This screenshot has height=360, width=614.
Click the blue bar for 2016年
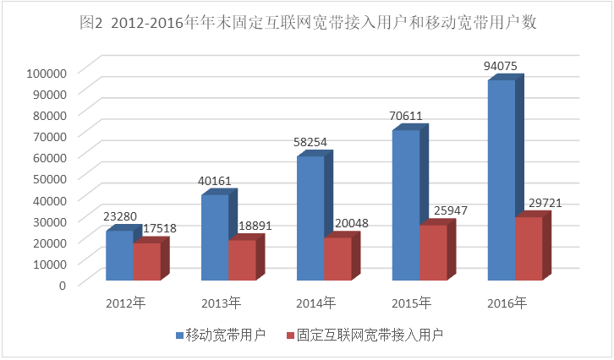click(x=502, y=180)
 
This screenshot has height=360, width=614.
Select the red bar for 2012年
click(x=145, y=261)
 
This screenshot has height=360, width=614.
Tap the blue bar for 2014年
click(x=310, y=218)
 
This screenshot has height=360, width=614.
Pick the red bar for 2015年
click(x=433, y=252)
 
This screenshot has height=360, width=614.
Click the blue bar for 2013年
click(x=215, y=237)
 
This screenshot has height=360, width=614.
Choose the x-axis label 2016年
click(x=507, y=303)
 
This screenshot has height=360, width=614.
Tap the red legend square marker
click(x=290, y=335)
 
